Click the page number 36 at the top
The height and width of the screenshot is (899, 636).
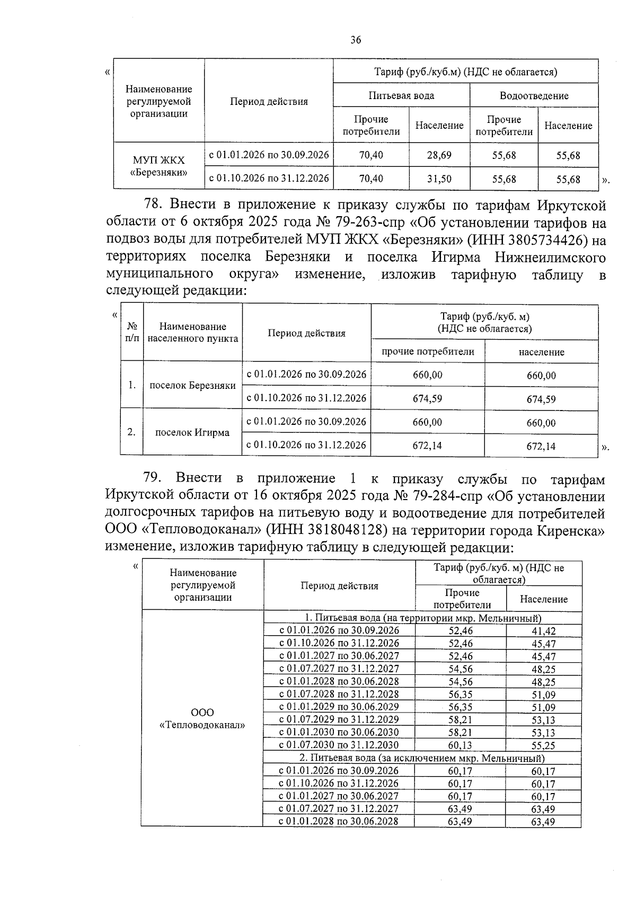coord(356,40)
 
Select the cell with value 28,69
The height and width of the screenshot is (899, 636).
coord(439,155)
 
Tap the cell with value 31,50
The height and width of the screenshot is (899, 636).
coord(439,179)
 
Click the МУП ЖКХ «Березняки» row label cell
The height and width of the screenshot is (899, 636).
coord(159,166)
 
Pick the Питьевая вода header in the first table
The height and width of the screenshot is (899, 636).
coord(401,96)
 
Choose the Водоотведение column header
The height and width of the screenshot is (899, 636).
coord(534,96)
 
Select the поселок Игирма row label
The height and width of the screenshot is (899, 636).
coord(192,432)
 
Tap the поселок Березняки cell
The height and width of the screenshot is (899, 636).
coord(192,385)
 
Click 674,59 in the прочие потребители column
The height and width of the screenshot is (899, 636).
coord(427,398)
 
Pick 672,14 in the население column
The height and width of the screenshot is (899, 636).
coord(541,446)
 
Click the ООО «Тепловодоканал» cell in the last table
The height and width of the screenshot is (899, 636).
coord(202,718)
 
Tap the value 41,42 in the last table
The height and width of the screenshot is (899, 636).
coord(543,631)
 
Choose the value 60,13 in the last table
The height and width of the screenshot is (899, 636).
coord(460,745)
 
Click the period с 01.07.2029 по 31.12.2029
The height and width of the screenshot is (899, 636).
coord(339,719)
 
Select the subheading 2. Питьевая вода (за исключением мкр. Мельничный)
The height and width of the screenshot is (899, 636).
coord(422,758)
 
